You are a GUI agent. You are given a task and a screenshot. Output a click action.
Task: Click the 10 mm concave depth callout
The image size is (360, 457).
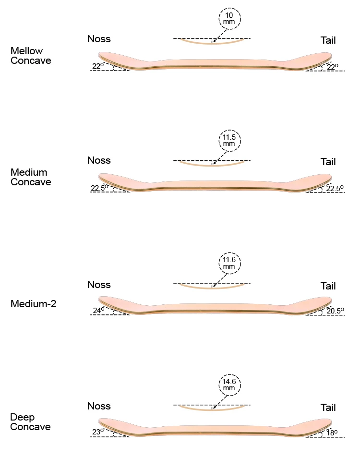click(229, 19)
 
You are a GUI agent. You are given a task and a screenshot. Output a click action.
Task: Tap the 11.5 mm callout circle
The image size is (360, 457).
click(229, 141)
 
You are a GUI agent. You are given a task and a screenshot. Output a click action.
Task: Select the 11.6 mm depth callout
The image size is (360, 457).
click(229, 263)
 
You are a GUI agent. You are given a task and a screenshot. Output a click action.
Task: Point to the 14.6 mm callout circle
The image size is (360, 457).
click(229, 385)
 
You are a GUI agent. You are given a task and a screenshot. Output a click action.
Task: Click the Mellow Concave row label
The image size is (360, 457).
click(31, 56)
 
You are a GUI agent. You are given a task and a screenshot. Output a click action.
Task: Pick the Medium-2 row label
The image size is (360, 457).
click(33, 304)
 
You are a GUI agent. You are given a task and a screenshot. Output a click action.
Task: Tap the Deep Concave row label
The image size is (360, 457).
click(30, 422)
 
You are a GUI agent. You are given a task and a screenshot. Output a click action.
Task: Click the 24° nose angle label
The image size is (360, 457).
click(98, 310)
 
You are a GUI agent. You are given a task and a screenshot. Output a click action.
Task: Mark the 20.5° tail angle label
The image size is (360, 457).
click(335, 311)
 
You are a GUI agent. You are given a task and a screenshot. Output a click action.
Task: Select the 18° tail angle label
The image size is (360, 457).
click(332, 433)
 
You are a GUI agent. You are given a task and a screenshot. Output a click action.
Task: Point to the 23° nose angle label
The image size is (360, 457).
click(98, 432)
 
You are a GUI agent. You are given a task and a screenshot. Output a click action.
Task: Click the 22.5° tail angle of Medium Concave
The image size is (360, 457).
click(335, 188)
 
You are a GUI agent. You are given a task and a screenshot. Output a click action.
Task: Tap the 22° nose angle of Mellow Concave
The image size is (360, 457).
click(98, 66)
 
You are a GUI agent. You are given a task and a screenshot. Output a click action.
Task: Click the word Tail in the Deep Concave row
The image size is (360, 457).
click(328, 408)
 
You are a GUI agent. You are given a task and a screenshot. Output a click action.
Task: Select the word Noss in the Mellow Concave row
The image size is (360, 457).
click(99, 39)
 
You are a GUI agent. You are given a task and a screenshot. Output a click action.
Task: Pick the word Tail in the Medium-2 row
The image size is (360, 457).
click(328, 286)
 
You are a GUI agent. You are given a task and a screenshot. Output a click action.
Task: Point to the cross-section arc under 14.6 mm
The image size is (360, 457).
click(212, 409)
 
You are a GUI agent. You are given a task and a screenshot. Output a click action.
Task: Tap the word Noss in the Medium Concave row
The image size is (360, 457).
click(99, 160)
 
